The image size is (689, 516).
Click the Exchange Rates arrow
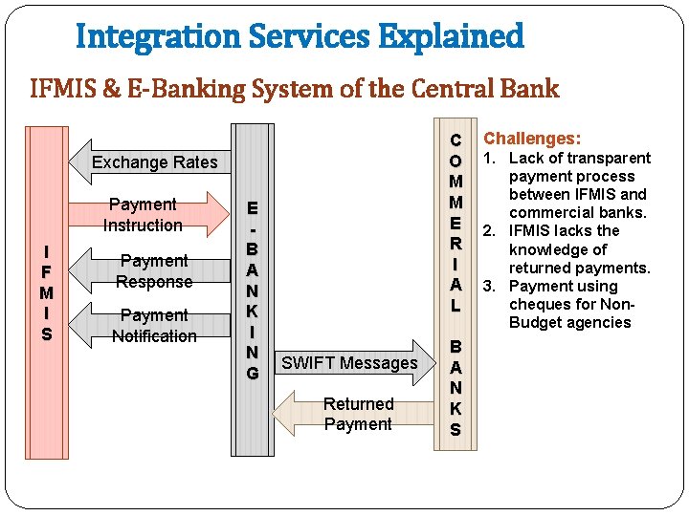click(153, 162)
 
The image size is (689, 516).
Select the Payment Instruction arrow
click(144, 215)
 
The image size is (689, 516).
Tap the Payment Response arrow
click(153, 271)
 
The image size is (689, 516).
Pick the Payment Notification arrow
click(153, 326)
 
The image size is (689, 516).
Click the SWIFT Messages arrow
click(349, 363)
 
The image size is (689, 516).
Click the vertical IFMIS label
click(47, 292)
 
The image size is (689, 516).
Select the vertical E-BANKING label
click(253, 290)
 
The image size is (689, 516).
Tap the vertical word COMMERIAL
click(456, 222)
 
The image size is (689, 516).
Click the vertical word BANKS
click(456, 388)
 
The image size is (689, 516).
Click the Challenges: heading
click(532, 139)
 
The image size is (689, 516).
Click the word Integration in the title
click(159, 37)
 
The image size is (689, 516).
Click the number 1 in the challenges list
click(487, 159)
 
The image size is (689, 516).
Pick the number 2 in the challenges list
click(487, 231)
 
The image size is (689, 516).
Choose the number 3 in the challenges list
click(487, 287)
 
